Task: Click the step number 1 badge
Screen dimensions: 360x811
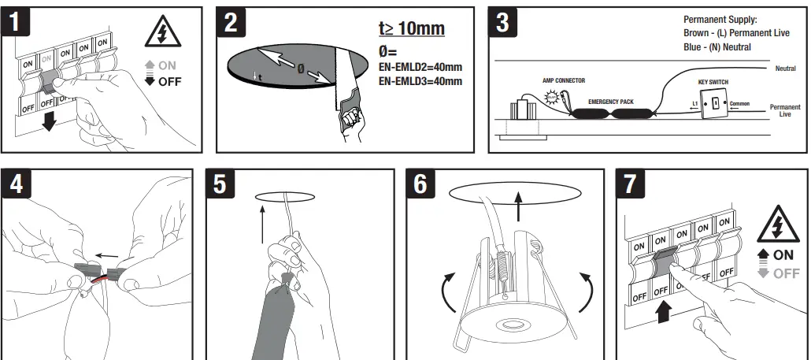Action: point(17,22)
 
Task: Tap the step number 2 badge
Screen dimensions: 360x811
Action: point(231,22)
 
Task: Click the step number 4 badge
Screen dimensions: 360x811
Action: point(17,184)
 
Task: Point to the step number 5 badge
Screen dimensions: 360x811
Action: point(220,184)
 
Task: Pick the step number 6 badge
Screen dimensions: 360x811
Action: point(421,184)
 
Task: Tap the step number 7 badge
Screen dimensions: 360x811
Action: point(630,184)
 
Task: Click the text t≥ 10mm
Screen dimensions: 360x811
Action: point(411,29)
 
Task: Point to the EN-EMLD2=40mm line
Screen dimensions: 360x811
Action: point(420,67)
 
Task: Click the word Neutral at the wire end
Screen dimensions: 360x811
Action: point(785,69)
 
